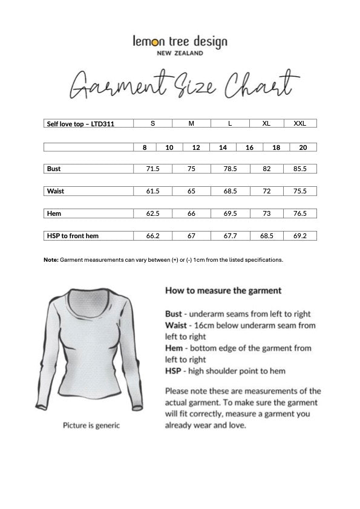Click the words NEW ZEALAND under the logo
tap(180, 53)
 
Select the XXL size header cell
tap(299, 123)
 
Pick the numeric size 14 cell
tap(223, 147)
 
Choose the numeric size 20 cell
tap(303, 147)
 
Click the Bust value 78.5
tap(230, 169)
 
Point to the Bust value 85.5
tap(300, 169)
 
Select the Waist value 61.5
tap(152, 191)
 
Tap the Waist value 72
tap(266, 191)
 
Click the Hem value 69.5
tap(230, 213)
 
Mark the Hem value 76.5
tap(300, 213)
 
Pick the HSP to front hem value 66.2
tap(152, 236)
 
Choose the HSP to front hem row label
tap(73, 236)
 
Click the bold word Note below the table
tap(50, 259)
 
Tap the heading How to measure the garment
tap(223, 290)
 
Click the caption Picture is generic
tap(91, 425)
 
